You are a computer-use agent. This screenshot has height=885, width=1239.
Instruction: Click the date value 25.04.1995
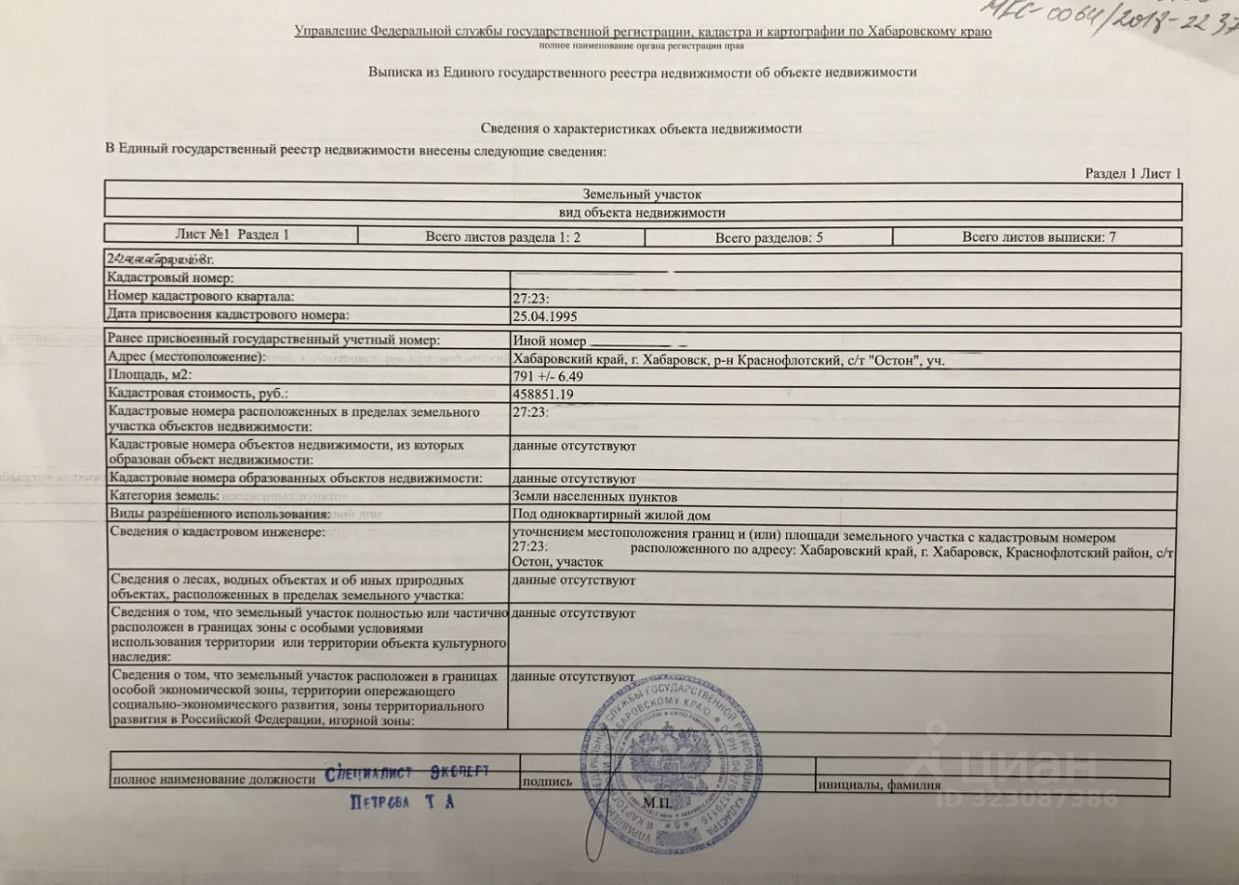(545, 315)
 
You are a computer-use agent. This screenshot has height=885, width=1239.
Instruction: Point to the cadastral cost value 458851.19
(549, 395)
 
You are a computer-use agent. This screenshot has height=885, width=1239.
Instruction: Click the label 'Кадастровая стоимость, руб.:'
(198, 395)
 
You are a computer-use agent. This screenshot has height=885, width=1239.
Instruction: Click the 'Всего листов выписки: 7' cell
(1039, 237)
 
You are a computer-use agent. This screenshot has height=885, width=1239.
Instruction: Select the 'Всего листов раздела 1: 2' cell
(502, 237)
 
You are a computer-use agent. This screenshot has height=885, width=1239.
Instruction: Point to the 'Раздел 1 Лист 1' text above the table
(1133, 173)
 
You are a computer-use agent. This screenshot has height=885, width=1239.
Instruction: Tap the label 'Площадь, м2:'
(151, 376)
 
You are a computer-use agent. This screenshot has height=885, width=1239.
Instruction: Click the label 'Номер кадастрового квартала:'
(201, 297)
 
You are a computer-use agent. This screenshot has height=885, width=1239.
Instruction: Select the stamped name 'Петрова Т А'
(401, 802)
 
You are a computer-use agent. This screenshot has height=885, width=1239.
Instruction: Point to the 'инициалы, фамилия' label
(878, 784)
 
